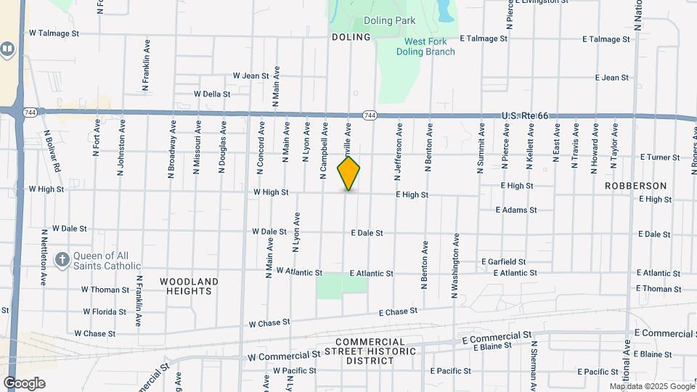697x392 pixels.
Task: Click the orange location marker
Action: tap(349, 173)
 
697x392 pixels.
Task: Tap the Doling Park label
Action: tap(389, 20)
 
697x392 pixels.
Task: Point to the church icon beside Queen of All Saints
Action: tap(62, 259)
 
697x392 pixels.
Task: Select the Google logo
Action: tap(24, 383)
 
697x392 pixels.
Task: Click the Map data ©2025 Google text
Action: tap(651, 386)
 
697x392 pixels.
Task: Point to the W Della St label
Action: tap(212, 94)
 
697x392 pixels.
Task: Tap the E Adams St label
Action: tap(516, 210)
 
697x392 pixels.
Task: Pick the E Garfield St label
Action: tap(503, 261)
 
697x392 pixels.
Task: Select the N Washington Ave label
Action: tap(456, 266)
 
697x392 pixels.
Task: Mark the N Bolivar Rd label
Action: tap(51, 151)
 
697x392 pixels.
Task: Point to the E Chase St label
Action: tap(399, 311)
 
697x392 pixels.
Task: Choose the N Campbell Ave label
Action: tap(324, 151)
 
